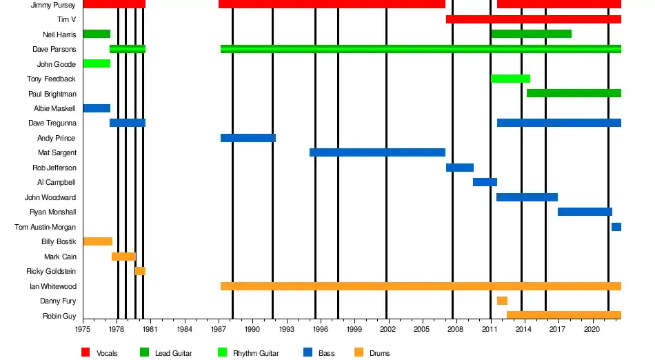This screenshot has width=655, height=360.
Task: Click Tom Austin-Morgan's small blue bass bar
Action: click(x=616, y=227)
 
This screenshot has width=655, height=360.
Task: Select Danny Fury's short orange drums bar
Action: click(x=502, y=301)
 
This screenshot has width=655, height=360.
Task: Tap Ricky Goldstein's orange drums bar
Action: click(x=140, y=271)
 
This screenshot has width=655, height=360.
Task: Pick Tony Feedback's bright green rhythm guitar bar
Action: click(x=510, y=79)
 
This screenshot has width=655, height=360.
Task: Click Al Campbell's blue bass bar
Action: click(x=485, y=182)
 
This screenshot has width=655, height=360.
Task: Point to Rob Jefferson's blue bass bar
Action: click(x=460, y=168)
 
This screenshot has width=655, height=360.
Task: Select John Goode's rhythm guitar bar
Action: click(x=97, y=63)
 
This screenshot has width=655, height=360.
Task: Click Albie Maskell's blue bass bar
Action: click(x=97, y=108)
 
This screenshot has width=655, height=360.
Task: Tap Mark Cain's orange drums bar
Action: click(x=123, y=257)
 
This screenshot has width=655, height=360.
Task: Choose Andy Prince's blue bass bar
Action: click(x=248, y=138)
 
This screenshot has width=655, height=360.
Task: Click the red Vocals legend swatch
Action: click(x=85, y=352)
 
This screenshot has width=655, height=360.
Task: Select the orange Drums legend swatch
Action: click(x=359, y=352)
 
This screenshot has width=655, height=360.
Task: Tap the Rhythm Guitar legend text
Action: click(x=256, y=353)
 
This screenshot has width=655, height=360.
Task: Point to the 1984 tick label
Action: click(x=185, y=330)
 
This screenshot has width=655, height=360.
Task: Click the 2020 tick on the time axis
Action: click(x=592, y=330)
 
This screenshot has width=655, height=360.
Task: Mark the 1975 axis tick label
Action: click(x=83, y=330)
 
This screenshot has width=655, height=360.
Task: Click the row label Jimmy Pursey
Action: click(x=53, y=5)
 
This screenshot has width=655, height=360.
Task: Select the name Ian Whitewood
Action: click(x=52, y=286)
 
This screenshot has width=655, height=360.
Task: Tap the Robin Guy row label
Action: click(x=59, y=316)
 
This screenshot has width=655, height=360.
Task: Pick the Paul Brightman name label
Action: click(x=52, y=94)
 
